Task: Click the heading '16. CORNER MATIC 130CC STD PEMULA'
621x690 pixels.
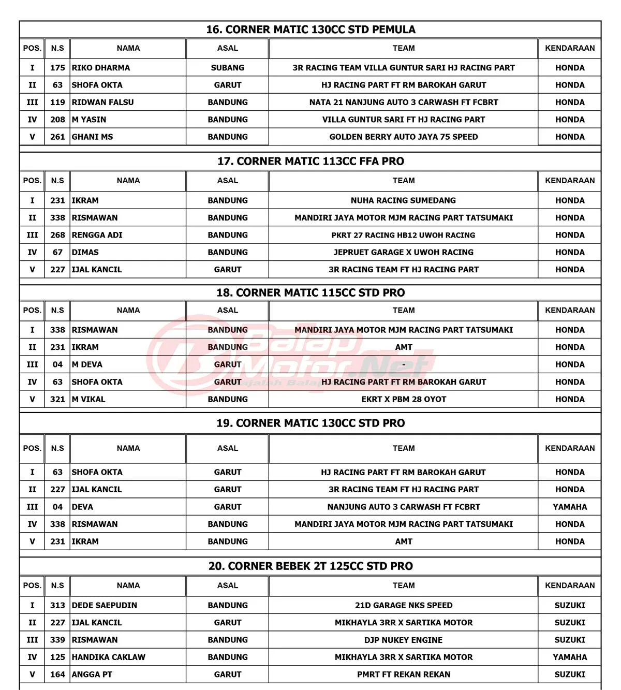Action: click(x=310, y=30)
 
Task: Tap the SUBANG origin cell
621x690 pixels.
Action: click(x=228, y=68)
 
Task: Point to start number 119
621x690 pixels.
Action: click(x=57, y=102)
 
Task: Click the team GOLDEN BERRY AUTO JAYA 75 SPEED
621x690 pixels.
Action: click(x=404, y=137)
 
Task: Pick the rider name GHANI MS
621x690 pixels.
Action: click(x=92, y=137)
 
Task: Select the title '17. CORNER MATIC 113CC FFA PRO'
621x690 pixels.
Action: click(x=310, y=161)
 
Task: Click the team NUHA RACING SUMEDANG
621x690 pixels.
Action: click(x=404, y=200)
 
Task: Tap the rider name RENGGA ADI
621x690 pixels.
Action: click(x=97, y=235)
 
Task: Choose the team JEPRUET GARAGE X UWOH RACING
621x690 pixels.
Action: click(x=404, y=253)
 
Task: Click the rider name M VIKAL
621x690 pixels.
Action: click(x=88, y=400)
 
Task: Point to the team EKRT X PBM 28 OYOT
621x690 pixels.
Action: click(x=404, y=400)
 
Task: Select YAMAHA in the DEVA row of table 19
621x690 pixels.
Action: click(x=570, y=507)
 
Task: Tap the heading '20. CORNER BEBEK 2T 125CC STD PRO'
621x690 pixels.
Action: click(x=310, y=566)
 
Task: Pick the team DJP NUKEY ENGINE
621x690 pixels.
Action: click(x=404, y=640)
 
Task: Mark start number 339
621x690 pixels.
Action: click(x=57, y=640)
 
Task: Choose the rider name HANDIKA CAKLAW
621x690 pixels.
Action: click(x=109, y=657)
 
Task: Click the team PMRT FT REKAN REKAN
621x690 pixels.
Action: click(x=404, y=675)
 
